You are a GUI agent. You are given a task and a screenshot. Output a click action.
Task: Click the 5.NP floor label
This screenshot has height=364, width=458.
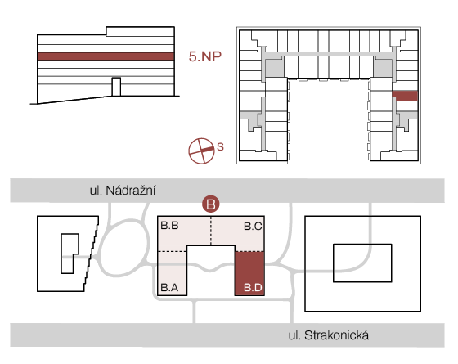pyautogui.click(x=204, y=56)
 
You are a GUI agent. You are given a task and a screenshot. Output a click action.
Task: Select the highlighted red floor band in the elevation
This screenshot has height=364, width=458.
pyautogui.click(x=106, y=56)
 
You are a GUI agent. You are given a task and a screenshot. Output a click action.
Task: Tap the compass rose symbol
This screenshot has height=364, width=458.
pyautogui.click(x=201, y=151)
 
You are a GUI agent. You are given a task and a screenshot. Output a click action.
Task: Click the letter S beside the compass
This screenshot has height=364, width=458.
pyautogui.click(x=220, y=146)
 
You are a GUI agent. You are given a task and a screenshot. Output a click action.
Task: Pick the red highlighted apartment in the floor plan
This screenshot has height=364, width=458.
pyautogui.click(x=405, y=96)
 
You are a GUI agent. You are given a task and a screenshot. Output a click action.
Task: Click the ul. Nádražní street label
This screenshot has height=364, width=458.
pyautogui.click(x=123, y=191)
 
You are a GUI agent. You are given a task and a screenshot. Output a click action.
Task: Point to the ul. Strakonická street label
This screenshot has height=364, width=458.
pyautogui.click(x=329, y=335)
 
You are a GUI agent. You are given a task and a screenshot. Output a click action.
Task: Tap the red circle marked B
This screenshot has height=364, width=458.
pyautogui.click(x=211, y=204)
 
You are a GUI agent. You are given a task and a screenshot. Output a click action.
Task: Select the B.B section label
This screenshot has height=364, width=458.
pyautogui.click(x=170, y=226)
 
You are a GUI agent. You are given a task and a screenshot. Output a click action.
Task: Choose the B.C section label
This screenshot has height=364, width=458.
pyautogui.click(x=253, y=226)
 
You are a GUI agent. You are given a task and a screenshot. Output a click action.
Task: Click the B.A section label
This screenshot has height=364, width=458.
pyautogui.click(x=170, y=288)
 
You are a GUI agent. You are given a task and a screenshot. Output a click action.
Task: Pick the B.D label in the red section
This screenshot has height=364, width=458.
pyautogui.click(x=253, y=288)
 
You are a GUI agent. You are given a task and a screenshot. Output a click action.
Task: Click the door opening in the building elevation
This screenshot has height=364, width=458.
pyautogui.click(x=116, y=87)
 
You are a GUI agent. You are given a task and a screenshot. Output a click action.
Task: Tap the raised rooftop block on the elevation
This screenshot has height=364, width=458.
pyautogui.click(x=140, y=32)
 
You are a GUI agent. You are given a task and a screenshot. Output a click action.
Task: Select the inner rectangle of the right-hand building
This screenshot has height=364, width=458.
pyautogui.click(x=362, y=263)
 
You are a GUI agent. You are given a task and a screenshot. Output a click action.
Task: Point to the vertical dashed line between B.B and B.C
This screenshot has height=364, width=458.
pyautogui.click(x=211, y=231)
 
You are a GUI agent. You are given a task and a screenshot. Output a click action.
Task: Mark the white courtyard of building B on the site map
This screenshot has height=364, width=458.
pyautogui.click(x=211, y=270)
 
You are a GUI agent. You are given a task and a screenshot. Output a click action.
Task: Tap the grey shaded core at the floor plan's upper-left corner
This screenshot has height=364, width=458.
pyautogui.click(x=274, y=69)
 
